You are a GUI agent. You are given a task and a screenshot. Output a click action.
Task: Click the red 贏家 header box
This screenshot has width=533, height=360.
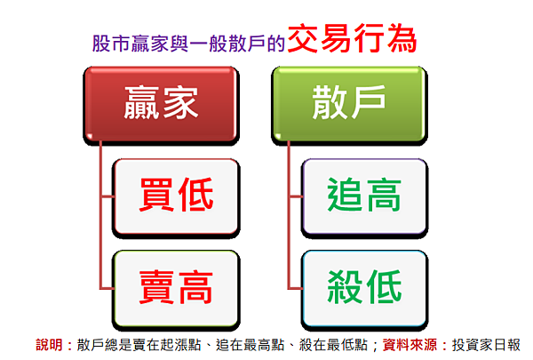pos(161,104)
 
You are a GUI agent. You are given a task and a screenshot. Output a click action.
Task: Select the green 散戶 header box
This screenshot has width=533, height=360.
pos(349,104)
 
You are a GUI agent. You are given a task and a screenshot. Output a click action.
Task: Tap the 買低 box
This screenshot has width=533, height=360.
pos(176,196)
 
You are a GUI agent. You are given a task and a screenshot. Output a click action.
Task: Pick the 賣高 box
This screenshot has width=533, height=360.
pos(176,289)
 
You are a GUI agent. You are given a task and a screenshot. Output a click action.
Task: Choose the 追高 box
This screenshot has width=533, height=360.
pos(364,196)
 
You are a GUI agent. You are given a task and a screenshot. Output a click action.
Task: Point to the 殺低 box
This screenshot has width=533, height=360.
pos(364,289)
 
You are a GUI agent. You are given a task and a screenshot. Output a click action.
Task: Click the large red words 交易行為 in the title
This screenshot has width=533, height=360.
pos(352,38)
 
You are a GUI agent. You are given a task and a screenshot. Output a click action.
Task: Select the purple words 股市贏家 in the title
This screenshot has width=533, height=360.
pos(131,44)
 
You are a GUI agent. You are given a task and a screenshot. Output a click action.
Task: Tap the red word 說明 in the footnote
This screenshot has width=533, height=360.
pos(49,345)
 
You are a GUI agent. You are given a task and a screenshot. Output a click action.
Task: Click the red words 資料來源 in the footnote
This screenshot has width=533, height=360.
pos(410,345)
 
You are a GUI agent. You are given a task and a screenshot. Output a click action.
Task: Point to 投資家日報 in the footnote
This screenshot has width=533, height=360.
pos(486,345)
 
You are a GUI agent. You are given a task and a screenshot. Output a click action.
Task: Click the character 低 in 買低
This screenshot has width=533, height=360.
pos(196,195)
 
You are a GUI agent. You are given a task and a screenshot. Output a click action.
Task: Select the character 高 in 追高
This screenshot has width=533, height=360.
pos(384,195)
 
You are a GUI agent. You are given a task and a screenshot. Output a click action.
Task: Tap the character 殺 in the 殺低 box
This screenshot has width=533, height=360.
pos(345,286)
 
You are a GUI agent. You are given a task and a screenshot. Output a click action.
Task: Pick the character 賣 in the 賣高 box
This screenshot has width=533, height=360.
pos(156,286)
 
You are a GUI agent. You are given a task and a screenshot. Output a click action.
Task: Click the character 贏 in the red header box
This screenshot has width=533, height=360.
pos(141,102)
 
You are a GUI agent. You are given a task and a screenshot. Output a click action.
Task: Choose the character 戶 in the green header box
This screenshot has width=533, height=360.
pos(369,102)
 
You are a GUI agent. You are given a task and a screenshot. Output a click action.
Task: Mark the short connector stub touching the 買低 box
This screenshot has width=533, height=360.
pos(107,196)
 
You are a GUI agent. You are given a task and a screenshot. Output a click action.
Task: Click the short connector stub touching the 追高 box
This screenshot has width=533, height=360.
pos(296,196)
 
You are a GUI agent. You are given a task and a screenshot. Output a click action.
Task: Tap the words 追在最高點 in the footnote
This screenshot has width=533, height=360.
pos(250,345)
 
